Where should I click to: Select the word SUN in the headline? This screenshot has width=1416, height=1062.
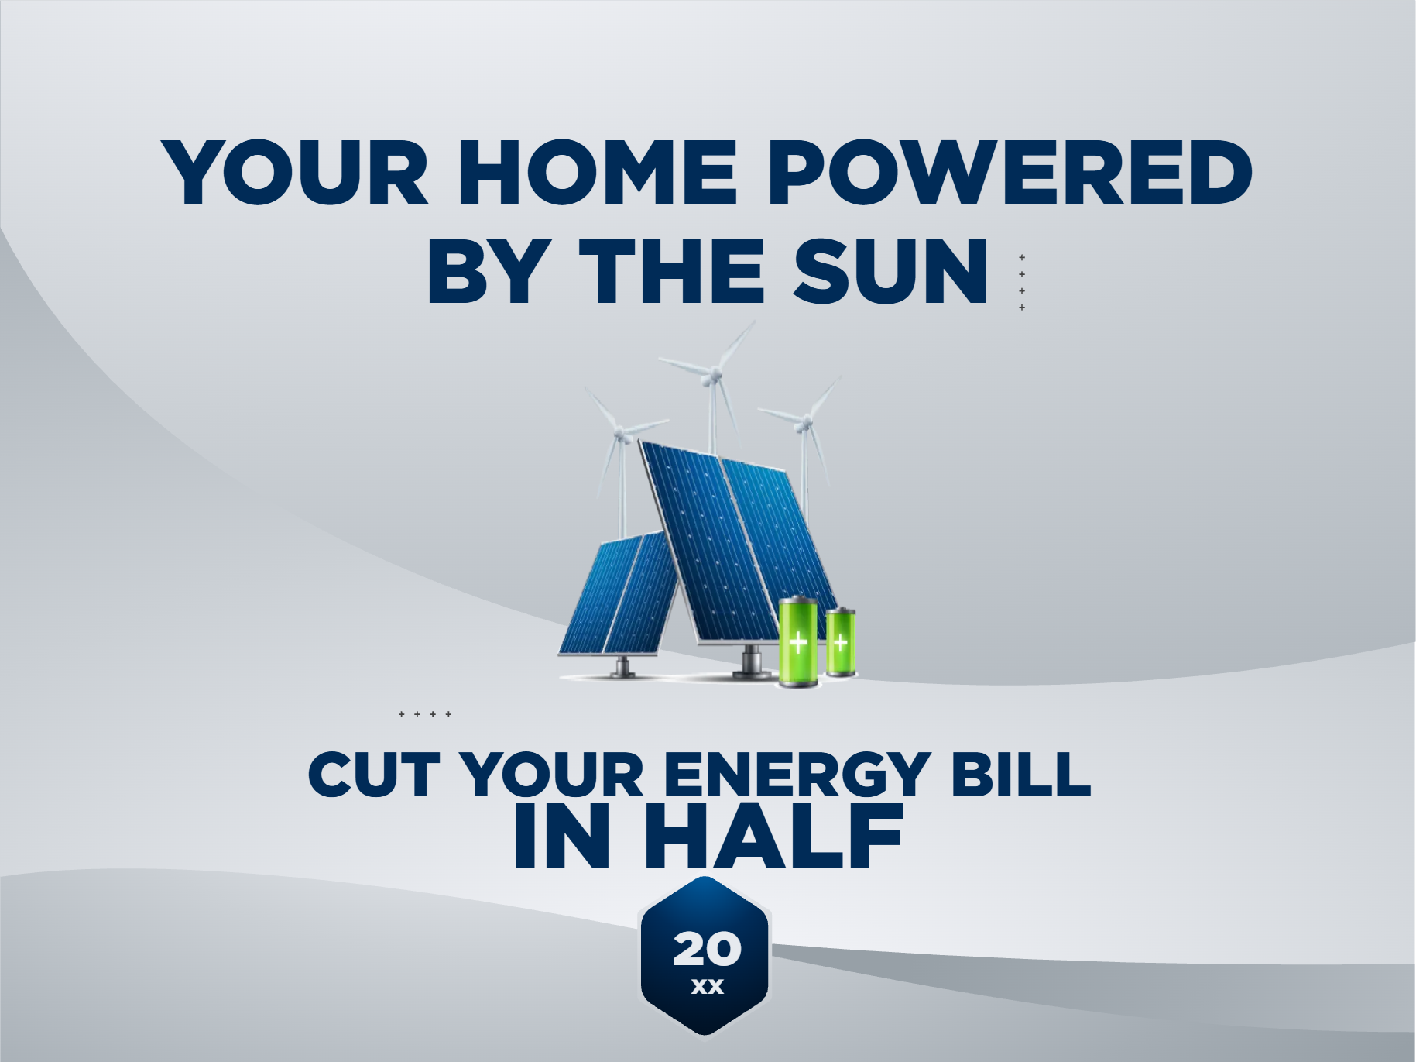tap(891, 271)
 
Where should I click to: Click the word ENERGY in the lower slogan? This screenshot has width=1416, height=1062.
tap(797, 774)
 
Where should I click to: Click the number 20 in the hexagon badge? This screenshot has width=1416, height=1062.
tap(707, 949)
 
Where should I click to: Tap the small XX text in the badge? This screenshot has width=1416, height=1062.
tap(707, 987)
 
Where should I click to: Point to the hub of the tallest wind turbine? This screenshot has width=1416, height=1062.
tap(714, 376)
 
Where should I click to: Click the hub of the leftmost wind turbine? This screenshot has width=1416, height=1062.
tap(619, 434)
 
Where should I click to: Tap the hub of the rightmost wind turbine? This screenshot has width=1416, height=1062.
tap(805, 423)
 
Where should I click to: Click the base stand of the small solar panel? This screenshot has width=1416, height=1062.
tap(622, 666)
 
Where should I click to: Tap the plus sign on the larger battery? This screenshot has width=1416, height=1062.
tap(797, 642)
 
